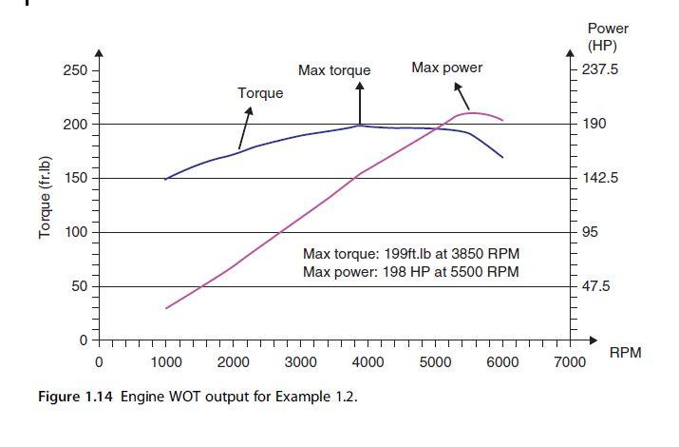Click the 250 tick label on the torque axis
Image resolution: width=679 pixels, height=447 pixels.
point(75,70)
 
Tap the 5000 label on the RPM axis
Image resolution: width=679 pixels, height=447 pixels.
point(435,362)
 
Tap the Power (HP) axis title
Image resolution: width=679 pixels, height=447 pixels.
point(608,37)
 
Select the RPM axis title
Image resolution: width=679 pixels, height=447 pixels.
point(624,353)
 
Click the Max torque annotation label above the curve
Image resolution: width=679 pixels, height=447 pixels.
point(334,70)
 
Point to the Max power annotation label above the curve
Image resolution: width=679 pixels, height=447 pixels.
point(446,68)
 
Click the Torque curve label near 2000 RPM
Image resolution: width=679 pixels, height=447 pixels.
point(260,93)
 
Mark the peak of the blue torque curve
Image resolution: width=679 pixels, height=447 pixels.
point(360,125)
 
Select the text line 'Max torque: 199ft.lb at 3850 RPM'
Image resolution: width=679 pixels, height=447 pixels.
point(411,254)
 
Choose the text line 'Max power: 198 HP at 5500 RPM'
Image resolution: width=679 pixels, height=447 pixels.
point(410,272)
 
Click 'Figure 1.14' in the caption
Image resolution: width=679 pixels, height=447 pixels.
point(67,397)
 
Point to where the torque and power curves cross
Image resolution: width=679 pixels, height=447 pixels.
point(440,128)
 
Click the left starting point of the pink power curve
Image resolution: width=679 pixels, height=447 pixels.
point(166,308)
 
